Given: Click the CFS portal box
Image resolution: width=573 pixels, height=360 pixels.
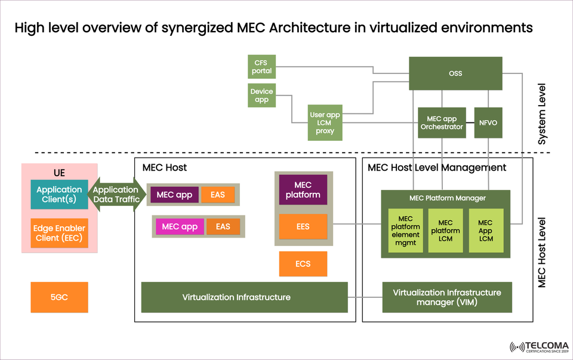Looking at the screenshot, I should [x=261, y=66].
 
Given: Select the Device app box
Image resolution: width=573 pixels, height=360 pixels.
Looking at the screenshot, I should [x=261, y=96].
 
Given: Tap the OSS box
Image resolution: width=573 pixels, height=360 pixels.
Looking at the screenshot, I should [x=455, y=73].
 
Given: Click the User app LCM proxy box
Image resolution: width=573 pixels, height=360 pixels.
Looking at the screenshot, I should [x=325, y=123].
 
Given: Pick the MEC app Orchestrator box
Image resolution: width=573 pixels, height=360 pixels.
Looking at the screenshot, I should [x=442, y=123].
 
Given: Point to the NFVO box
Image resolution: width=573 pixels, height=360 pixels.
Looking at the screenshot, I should [x=488, y=123].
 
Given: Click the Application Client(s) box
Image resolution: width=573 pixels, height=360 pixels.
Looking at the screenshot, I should [x=59, y=195].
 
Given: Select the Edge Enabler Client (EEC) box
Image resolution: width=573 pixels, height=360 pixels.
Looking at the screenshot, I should [x=59, y=233].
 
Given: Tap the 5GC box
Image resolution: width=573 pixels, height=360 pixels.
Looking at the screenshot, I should [x=59, y=297].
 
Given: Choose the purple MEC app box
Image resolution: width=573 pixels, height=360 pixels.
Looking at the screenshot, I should [x=174, y=195].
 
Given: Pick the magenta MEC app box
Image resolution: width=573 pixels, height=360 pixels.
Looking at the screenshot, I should [x=180, y=227].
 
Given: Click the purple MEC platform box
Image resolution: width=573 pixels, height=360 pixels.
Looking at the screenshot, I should [x=303, y=190].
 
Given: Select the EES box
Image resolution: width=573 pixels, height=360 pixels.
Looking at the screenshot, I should [x=303, y=227].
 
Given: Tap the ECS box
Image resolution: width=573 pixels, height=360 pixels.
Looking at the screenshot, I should [x=303, y=264].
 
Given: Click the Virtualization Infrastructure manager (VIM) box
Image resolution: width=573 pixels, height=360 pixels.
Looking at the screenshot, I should [x=447, y=297].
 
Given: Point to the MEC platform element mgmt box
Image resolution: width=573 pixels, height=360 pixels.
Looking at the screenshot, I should [x=405, y=230].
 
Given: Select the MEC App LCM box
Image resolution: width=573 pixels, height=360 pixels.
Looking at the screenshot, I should [x=486, y=230].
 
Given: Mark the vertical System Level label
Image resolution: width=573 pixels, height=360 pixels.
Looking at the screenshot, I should [x=542, y=113].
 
